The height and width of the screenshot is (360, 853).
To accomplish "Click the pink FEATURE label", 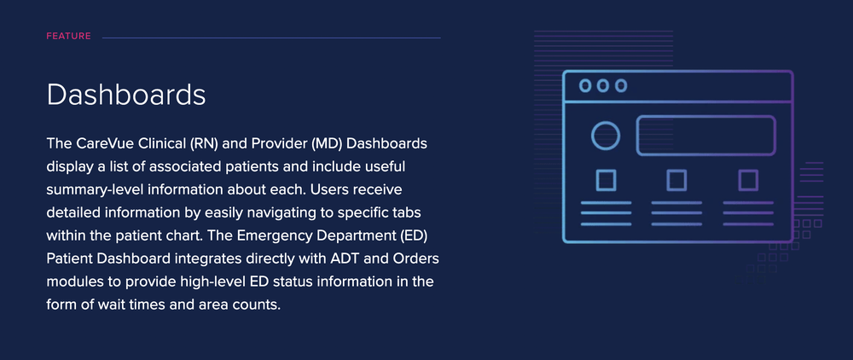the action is tap(68, 37).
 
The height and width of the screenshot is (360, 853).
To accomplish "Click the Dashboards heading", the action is tap(126, 95).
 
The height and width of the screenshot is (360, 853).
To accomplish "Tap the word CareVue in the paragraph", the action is tap(96, 144).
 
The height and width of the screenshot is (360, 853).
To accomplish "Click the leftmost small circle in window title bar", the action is tap(585, 85).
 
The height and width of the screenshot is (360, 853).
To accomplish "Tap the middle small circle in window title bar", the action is tap(603, 85).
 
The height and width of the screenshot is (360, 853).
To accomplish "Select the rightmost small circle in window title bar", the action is tap(621, 85).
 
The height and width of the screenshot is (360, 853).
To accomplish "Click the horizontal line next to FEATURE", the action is tap(271, 38).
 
